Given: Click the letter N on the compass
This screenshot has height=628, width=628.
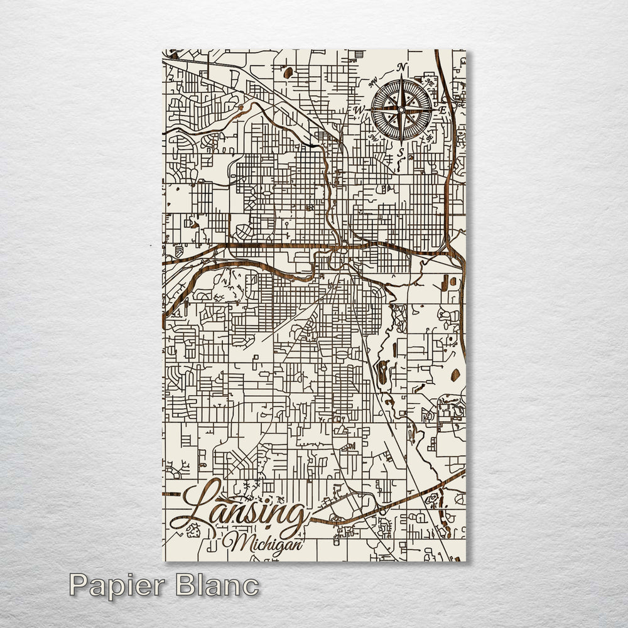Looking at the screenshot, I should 402,68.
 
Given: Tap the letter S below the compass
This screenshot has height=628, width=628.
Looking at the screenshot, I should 400,151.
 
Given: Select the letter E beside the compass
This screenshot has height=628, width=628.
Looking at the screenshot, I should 442,110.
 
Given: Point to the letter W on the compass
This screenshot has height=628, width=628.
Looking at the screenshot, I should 360,110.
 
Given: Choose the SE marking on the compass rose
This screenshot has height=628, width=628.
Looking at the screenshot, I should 430,138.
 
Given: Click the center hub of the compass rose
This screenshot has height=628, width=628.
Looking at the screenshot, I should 401,110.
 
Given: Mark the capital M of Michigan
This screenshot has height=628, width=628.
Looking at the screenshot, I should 237,542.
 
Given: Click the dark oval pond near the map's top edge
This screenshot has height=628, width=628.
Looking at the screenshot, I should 288,73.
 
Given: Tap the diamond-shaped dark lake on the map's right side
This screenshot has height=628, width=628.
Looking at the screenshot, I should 455,375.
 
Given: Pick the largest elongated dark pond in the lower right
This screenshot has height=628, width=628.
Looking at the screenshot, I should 382,372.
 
